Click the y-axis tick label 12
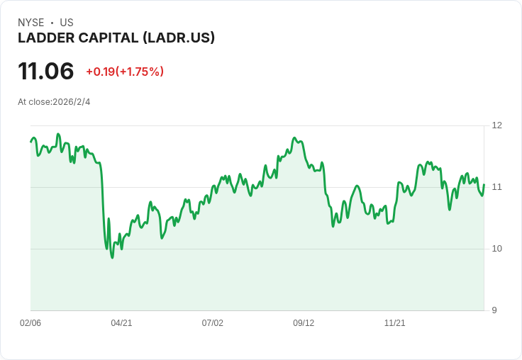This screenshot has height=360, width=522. pos(496,125)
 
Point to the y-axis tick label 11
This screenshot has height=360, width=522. pos(496,187)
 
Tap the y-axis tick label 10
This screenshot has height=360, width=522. pos(496,249)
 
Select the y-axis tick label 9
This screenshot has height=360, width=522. pos(494,310)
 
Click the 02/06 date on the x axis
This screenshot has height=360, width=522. pos(30,323)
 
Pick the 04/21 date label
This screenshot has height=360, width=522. pos(121,323)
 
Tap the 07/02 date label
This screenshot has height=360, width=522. pos(212,323)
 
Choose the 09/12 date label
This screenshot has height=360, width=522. pos(304,323)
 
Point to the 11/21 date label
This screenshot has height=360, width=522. pos(394,323)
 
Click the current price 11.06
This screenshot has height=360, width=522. pos(45,72)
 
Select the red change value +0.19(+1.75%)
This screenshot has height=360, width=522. pos(125,72)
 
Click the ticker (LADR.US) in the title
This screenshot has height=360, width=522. pos(179,38)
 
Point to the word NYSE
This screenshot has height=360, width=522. pos(30,23)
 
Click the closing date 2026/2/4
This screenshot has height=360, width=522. pos(72,102)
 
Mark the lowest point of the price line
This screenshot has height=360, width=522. pos(112,257)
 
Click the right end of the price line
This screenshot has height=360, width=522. pos(484,185)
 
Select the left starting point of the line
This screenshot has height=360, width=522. pos(30,142)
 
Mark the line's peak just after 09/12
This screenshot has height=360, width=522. pos(294,137)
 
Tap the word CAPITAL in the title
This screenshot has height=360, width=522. pos(104,38)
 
